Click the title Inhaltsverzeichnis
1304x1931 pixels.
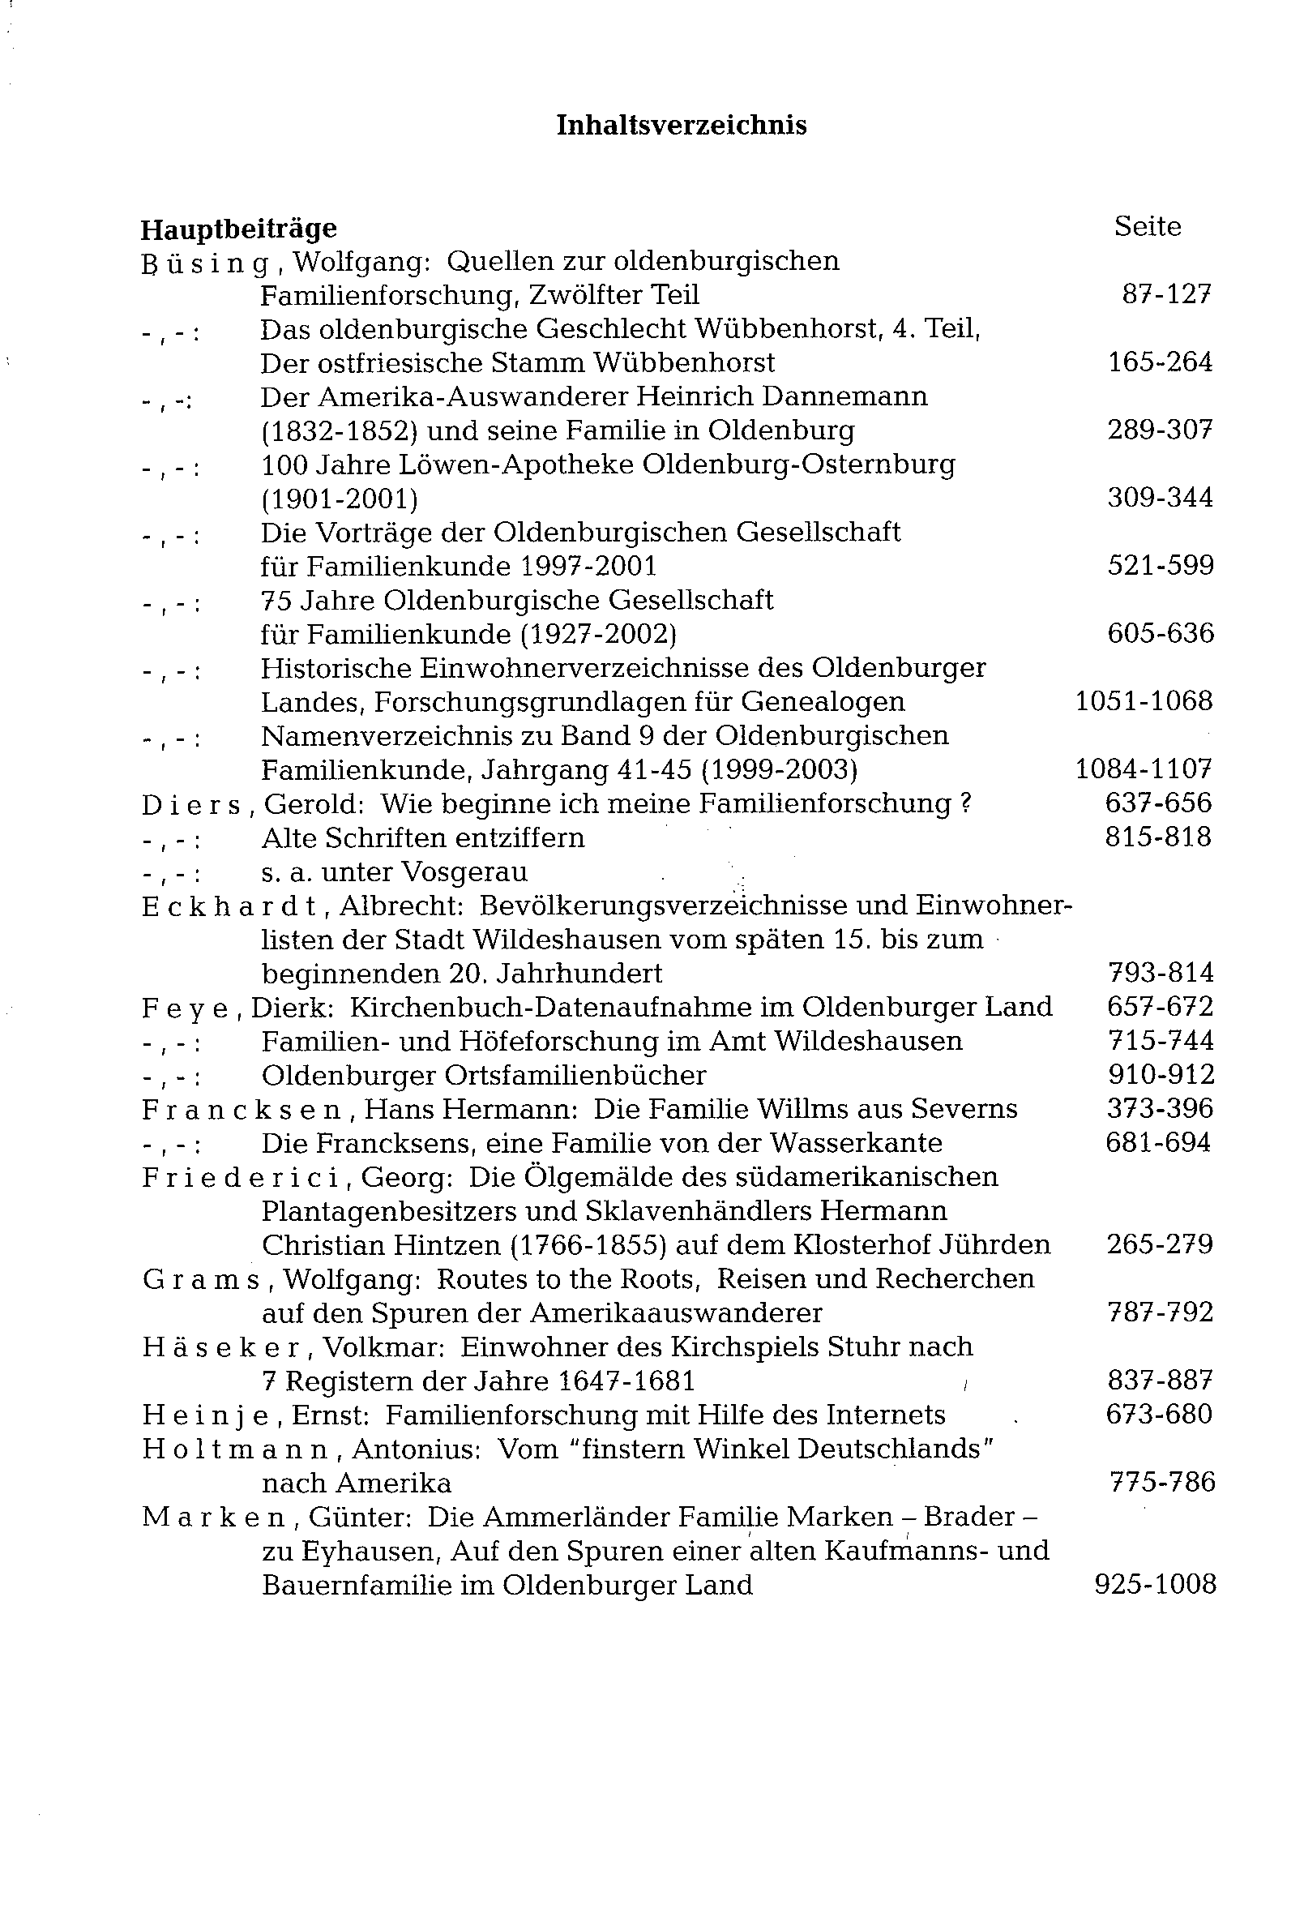[680, 126]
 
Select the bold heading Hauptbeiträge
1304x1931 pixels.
[238, 229]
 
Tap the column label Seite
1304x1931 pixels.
[1147, 227]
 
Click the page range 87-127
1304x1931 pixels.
[1166, 295]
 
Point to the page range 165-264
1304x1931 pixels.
[1160, 362]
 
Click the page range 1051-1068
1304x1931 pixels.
[1144, 701]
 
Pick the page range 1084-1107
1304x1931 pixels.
[1144, 769]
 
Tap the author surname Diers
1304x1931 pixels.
[191, 804]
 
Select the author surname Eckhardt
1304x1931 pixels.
[229, 906]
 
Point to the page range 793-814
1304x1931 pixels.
[1161, 973]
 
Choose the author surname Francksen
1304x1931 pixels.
[242, 1110]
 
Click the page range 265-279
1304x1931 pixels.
[1160, 1244]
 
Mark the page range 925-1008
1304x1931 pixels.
[1155, 1586]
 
